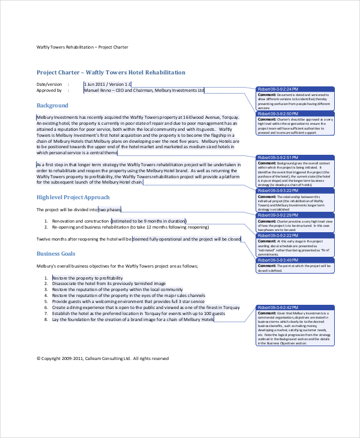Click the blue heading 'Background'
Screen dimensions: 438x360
52,106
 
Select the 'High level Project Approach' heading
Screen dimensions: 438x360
73,197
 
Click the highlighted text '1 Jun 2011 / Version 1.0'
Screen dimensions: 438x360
107,84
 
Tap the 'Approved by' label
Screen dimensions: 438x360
49,91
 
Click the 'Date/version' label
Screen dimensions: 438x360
49,84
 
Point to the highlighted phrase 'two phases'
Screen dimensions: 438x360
110,209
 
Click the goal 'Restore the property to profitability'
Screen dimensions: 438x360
88,278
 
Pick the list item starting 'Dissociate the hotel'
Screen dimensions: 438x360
109,284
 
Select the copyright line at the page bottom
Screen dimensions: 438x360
103,358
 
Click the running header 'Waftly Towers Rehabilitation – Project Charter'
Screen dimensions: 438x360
82,47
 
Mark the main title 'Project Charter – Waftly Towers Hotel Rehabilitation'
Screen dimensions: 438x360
111,72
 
